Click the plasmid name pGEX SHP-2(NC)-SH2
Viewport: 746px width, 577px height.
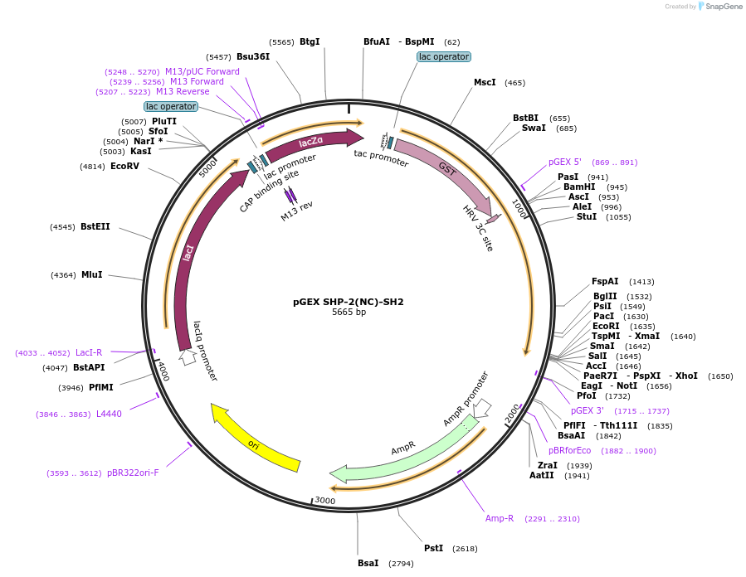click(x=349, y=302)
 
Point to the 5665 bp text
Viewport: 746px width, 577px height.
click(x=349, y=313)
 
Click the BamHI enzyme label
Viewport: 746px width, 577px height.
click(x=579, y=187)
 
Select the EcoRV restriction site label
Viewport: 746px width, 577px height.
click(x=124, y=167)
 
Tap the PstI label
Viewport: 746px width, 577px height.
click(x=433, y=549)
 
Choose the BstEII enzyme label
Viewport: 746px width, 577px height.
click(x=95, y=227)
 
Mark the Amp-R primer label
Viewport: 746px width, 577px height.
click(x=500, y=519)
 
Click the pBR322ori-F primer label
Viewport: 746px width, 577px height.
click(x=133, y=473)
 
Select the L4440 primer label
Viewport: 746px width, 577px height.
click(x=109, y=414)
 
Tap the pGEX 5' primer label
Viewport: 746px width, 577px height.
click(x=565, y=162)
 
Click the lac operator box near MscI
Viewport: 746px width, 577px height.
click(x=443, y=57)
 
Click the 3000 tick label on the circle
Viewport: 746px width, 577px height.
click(x=324, y=501)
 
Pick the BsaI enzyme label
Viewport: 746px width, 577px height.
click(x=368, y=564)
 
